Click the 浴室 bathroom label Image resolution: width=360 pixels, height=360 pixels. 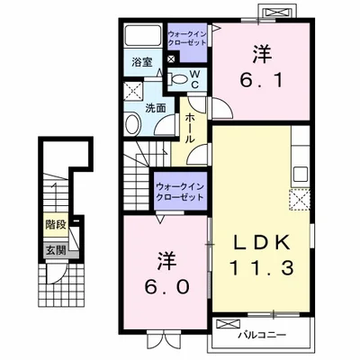coord(142,62)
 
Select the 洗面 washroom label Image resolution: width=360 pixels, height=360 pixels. coord(156,108)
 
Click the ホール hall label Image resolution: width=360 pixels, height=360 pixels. coord(190,128)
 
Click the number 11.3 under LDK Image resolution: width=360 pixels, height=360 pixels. coord(262,268)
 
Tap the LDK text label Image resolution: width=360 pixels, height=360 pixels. coord(262,242)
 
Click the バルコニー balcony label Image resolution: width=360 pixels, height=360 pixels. coord(262,335)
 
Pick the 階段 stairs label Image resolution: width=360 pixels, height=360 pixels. coord(56,224)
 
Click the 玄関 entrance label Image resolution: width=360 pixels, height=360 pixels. coord(56,249)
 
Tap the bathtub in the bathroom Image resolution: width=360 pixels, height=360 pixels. coord(143,35)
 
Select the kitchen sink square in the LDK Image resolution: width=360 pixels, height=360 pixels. coord(301,174)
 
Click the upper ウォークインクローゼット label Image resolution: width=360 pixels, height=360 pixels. coord(187,38)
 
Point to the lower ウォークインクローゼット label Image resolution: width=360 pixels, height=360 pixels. coord(180,192)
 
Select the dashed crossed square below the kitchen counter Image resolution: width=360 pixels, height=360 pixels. coord(300,200)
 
